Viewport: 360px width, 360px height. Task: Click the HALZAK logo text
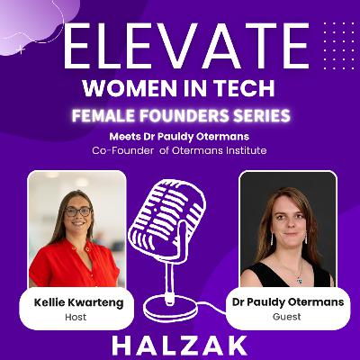point(180,345)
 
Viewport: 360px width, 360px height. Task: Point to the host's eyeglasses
point(77,211)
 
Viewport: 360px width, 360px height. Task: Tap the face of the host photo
point(77,216)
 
